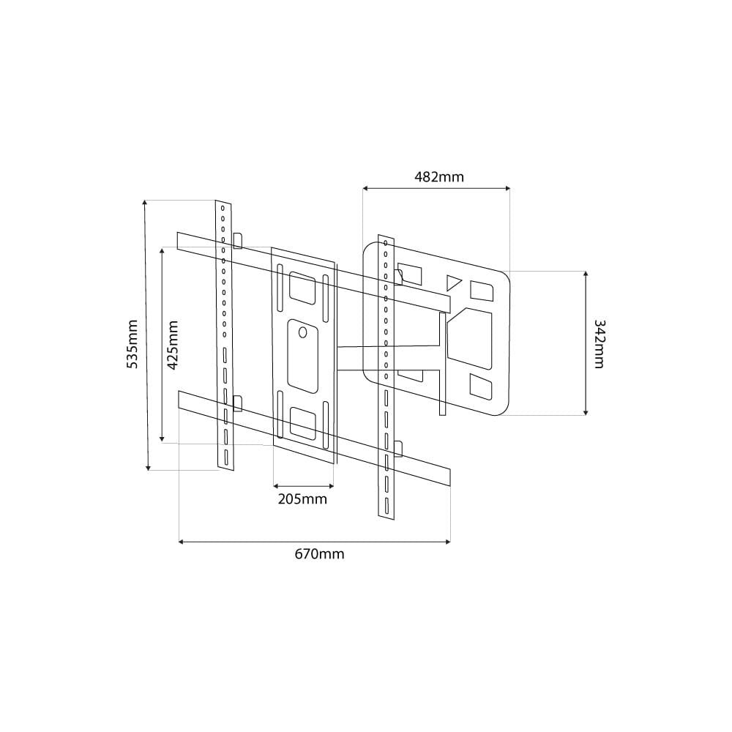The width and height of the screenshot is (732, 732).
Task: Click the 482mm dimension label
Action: [x=438, y=177]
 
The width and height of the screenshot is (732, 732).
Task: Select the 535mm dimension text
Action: [x=132, y=344]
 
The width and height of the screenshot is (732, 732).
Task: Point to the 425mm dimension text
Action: [x=173, y=345]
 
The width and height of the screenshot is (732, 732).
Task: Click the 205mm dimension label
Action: [x=302, y=499]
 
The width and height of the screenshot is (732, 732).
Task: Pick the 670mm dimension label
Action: [x=319, y=554]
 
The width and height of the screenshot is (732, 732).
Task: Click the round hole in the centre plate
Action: [x=302, y=332]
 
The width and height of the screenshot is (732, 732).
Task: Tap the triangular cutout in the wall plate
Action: [x=453, y=282]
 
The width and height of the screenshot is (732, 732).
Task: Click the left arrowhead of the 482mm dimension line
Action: [x=366, y=189]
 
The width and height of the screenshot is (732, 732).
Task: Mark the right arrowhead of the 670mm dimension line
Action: [x=447, y=542]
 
